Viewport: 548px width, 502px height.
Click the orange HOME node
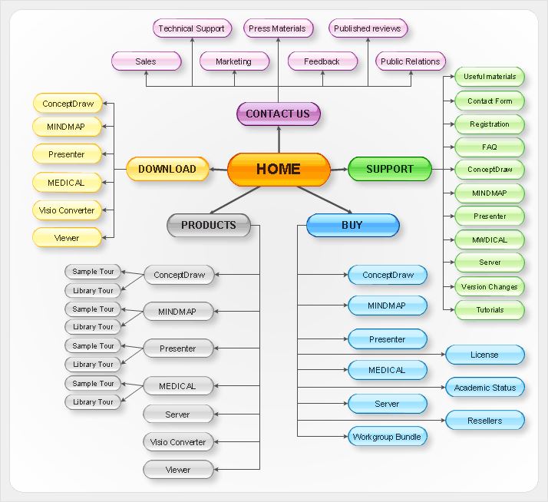pyautogui.click(x=279, y=169)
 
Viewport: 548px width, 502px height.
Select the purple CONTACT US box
pyautogui.click(x=278, y=114)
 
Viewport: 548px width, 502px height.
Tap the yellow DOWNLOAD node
pyautogui.click(x=167, y=169)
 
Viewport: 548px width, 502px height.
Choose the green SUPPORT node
pyautogui.click(x=390, y=169)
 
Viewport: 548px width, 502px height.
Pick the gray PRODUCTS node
pyautogui.click(x=209, y=225)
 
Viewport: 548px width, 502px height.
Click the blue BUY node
pyautogui.click(x=352, y=225)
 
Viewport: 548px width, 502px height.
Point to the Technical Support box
pyautogui.click(x=191, y=28)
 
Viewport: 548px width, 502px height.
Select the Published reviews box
pyautogui.click(x=368, y=28)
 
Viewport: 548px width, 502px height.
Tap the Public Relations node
pyautogui.click(x=411, y=61)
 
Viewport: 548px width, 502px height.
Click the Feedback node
pyautogui.click(x=322, y=61)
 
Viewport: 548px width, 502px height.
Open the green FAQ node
pyautogui.click(x=490, y=147)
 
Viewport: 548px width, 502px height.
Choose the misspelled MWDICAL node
pyautogui.click(x=490, y=239)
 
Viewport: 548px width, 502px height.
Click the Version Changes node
pyautogui.click(x=490, y=286)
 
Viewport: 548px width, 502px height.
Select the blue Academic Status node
pyautogui.click(x=485, y=388)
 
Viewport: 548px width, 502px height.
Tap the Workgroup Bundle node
pyautogui.click(x=387, y=437)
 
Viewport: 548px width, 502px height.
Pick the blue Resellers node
pyautogui.click(x=485, y=421)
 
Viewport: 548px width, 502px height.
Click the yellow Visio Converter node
pyautogui.click(x=67, y=210)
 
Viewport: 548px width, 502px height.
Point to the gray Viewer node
pyautogui.click(x=178, y=470)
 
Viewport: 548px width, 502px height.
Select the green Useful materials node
pyautogui.click(x=490, y=77)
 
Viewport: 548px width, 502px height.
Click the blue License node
pyautogui.click(x=484, y=355)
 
